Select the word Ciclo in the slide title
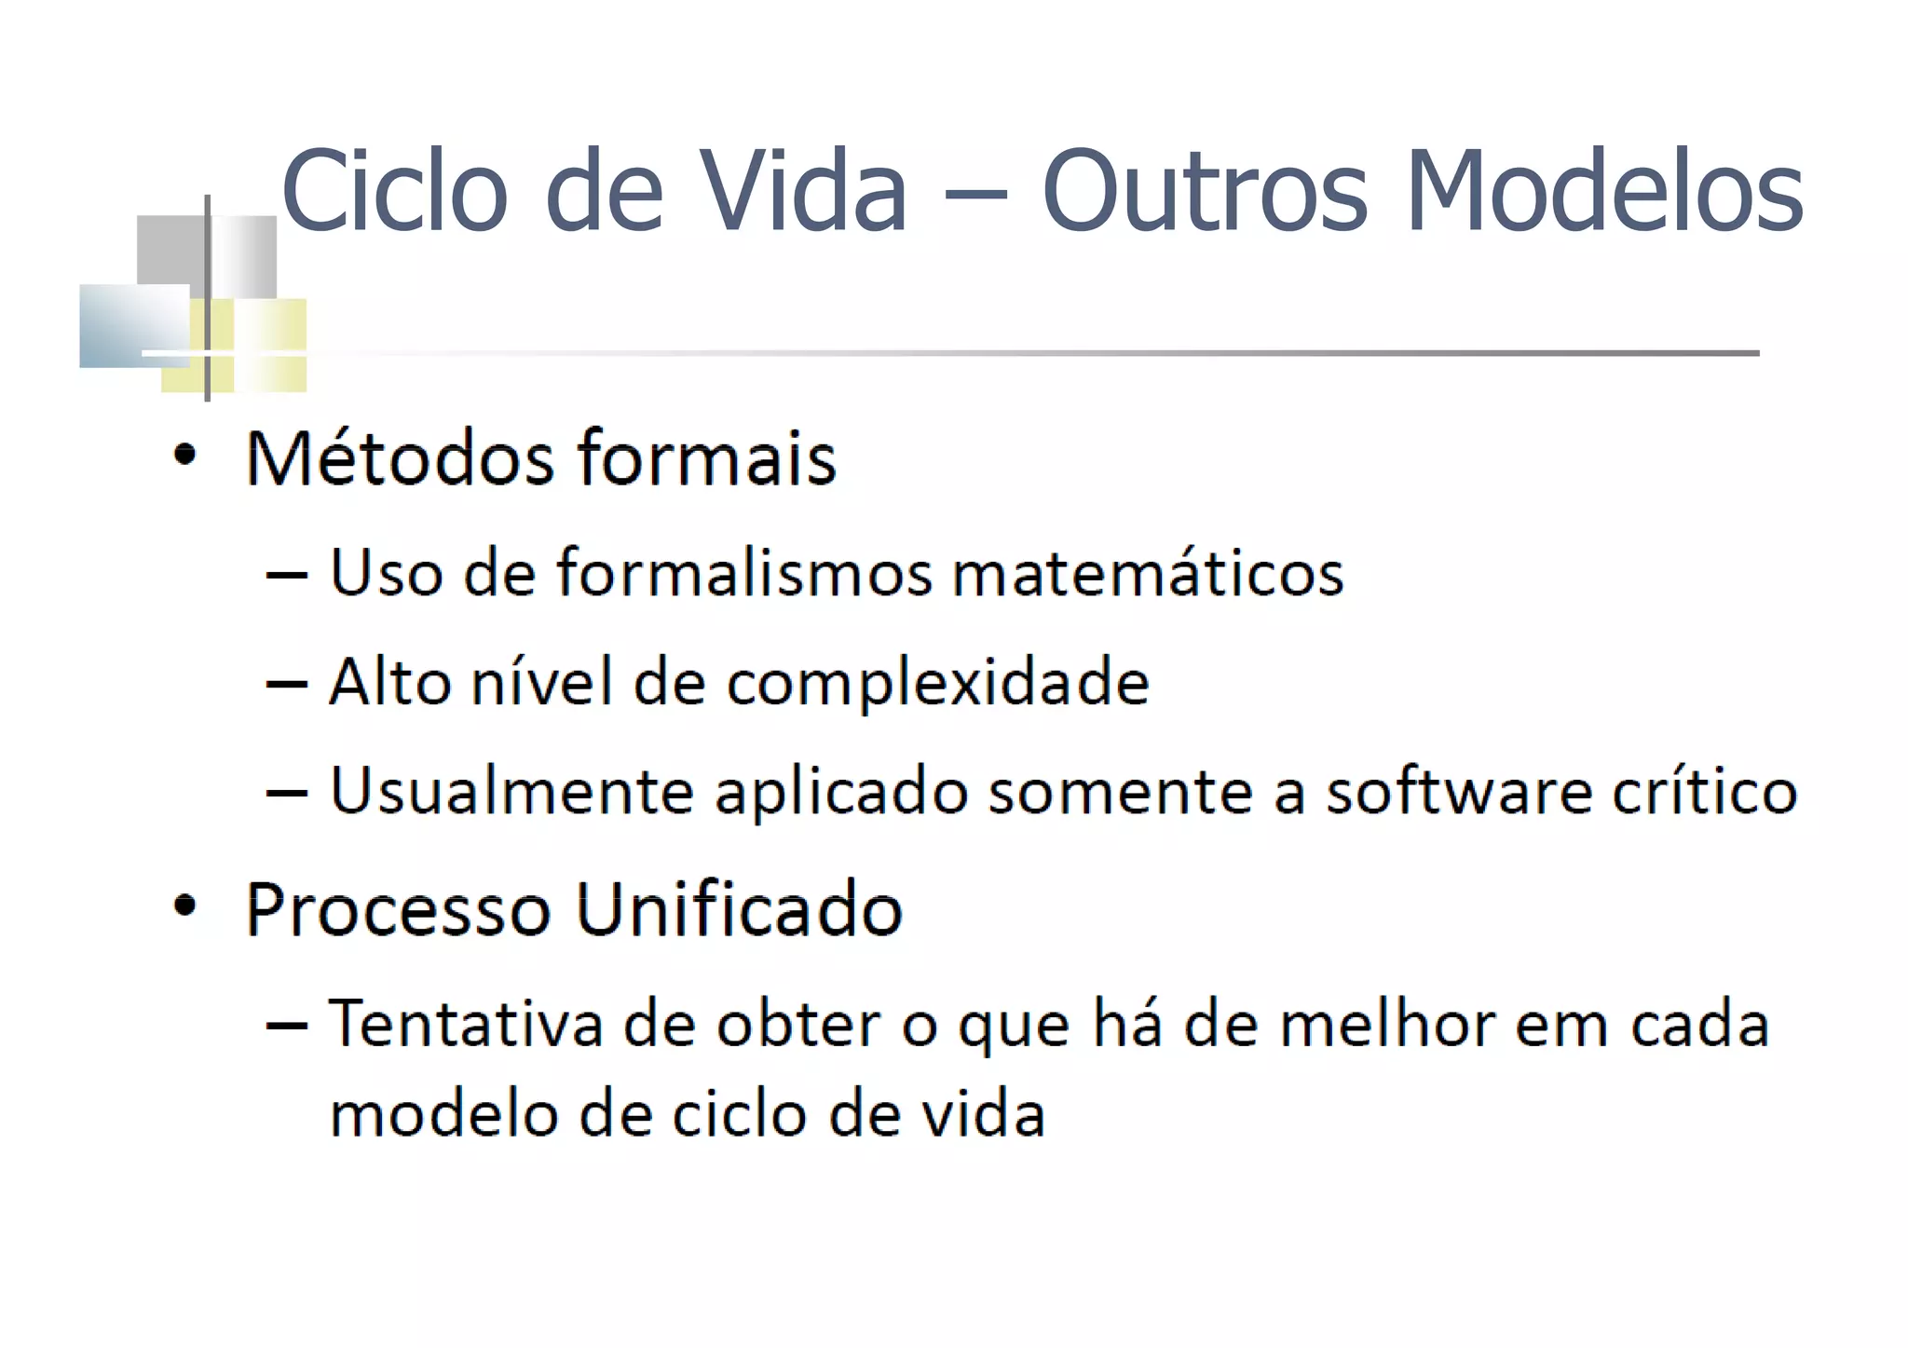point(394,191)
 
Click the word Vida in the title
point(803,191)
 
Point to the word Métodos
point(400,458)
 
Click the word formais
point(707,458)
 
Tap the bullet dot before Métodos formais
point(185,456)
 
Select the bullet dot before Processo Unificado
point(185,905)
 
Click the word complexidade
point(938,683)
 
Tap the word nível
point(542,682)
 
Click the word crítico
point(1705,792)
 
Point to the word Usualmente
point(511,792)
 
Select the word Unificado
point(740,909)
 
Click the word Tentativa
point(466,1024)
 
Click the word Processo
point(398,909)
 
